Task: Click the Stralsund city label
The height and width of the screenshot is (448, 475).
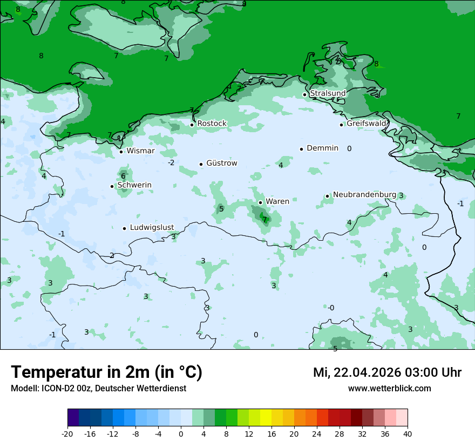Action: [x=328, y=93]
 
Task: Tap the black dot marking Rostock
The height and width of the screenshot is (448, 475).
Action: [x=192, y=124]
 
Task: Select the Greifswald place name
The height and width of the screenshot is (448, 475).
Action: [x=367, y=124]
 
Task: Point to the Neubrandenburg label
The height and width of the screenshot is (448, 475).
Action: [x=364, y=195]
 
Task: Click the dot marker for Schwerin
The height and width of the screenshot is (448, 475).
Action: [x=112, y=186]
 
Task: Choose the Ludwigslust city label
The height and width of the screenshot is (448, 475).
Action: [x=152, y=228]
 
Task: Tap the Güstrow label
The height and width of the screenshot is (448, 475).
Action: [x=221, y=163]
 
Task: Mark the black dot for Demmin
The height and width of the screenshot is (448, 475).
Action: [x=301, y=149]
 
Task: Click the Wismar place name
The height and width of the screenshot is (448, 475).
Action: [x=140, y=151]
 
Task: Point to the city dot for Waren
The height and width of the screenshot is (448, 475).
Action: [x=260, y=202]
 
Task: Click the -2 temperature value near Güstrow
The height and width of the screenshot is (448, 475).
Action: [x=171, y=162]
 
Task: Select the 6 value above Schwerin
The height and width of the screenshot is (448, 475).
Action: [x=123, y=176]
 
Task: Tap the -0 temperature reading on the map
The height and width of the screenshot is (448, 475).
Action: [x=331, y=308]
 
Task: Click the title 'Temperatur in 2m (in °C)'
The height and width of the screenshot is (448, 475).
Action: [x=106, y=372]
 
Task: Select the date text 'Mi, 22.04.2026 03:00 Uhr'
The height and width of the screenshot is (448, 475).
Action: [x=387, y=372]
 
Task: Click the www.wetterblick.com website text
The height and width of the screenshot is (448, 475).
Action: [x=389, y=389]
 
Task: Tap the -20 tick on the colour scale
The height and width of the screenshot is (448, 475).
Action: [x=67, y=433]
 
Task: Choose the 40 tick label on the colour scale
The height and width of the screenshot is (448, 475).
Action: [x=407, y=433]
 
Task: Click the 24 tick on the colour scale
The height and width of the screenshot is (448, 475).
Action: [x=317, y=433]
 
